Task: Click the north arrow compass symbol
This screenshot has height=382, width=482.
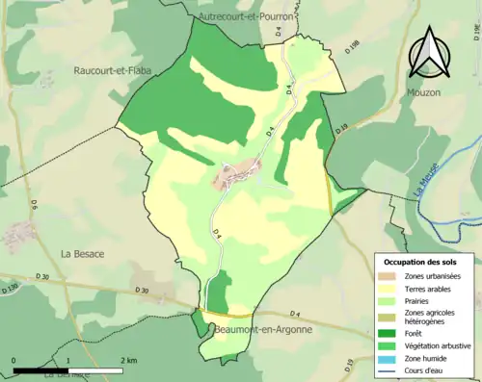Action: pos(428,52)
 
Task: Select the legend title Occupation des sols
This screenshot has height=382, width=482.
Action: pos(420,262)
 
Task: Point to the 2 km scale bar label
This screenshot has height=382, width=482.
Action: pos(127,360)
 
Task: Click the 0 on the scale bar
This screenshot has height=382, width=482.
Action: pos(13,360)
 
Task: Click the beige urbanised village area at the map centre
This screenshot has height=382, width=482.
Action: pos(235,173)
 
